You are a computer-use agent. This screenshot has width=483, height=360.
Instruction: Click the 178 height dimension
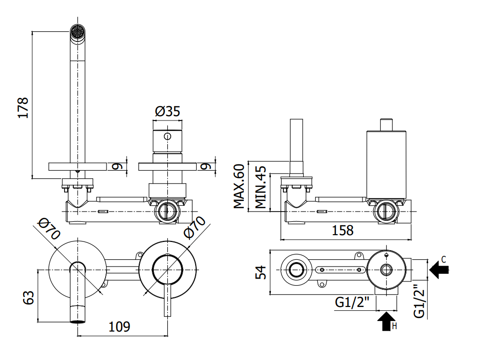pyautogui.click(x=24, y=107)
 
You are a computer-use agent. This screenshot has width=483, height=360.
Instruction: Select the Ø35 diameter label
pyautogui.click(x=168, y=111)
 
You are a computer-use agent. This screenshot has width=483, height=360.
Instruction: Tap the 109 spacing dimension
pyautogui.click(x=119, y=326)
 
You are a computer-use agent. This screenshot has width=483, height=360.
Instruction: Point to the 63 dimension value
pyautogui.click(x=28, y=297)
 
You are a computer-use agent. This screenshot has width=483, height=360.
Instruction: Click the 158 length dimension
pyautogui.click(x=343, y=230)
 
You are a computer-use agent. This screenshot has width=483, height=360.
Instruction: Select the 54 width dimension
pyautogui.click(x=261, y=273)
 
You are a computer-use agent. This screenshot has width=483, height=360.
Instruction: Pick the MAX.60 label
pyautogui.click(x=239, y=186)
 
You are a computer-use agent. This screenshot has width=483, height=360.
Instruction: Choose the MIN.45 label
pyautogui.click(x=260, y=187)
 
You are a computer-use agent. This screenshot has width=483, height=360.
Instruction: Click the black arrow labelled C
pyautogui.click(x=439, y=270)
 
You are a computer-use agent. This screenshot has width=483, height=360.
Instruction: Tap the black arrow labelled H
pyautogui.click(x=387, y=321)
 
